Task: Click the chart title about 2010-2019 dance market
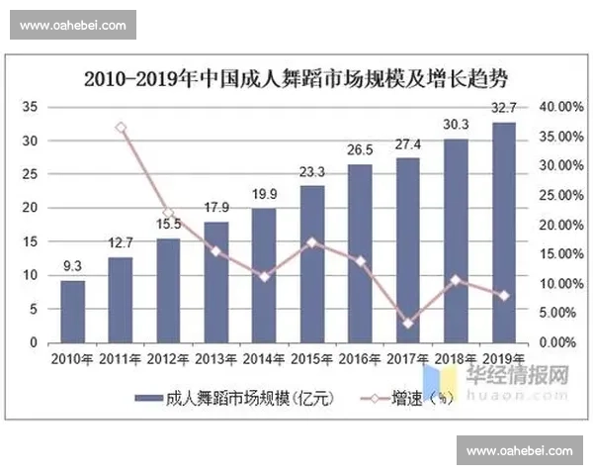click(x=296, y=76)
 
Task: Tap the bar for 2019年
click(x=503, y=233)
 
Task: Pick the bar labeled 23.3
click(x=312, y=263)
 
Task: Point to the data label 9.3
click(x=72, y=266)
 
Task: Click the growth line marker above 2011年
click(x=121, y=128)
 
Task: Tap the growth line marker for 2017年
click(x=408, y=323)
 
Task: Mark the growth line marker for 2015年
click(x=312, y=242)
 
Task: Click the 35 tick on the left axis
click(x=30, y=107)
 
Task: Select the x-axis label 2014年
click(x=264, y=358)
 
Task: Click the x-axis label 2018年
click(x=456, y=358)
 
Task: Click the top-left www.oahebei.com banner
click(x=73, y=24)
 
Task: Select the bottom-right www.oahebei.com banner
click(x=519, y=451)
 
